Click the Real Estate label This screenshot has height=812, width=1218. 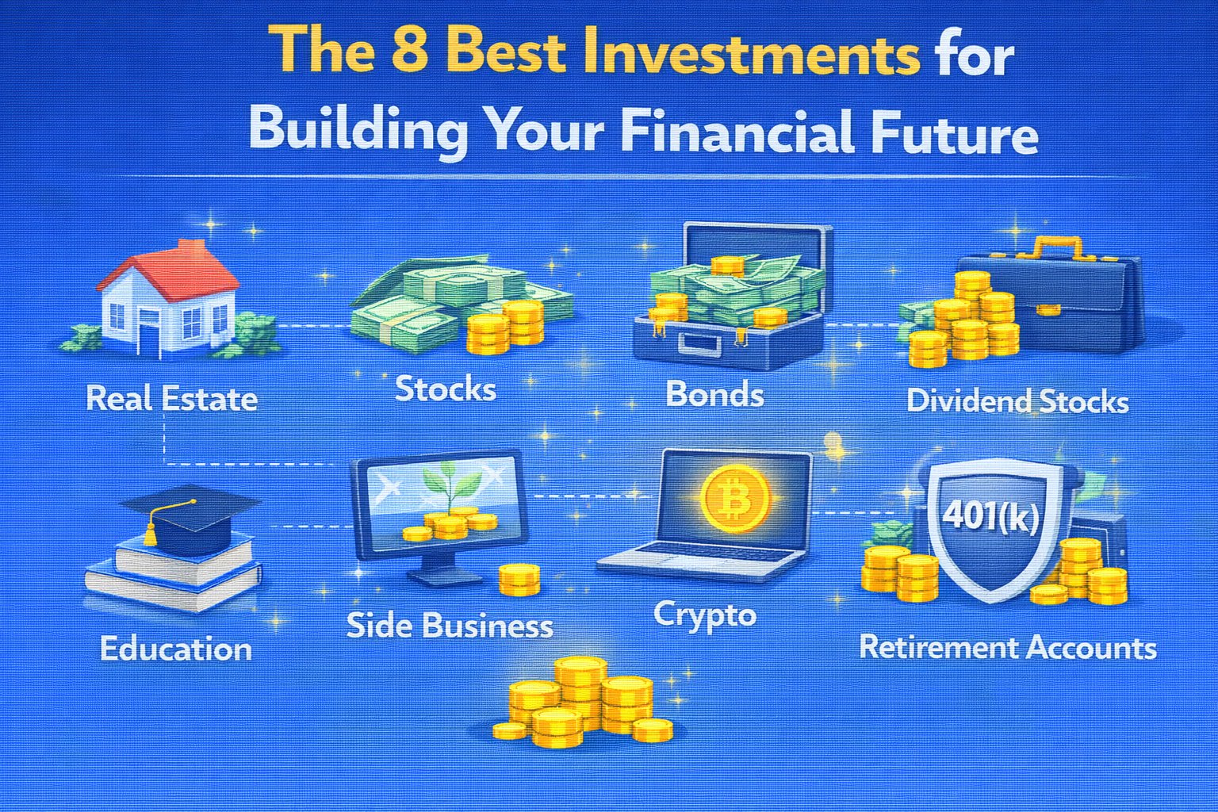coord(172,399)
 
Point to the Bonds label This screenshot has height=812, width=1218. coord(715,393)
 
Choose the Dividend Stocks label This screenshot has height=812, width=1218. coord(1017,401)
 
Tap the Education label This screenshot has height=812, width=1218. coord(175,649)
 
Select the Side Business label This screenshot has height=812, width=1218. coord(450,625)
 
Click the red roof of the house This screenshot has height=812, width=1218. coord(173,272)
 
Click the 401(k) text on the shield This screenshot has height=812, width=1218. coord(990,515)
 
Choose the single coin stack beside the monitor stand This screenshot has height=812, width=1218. coord(519,579)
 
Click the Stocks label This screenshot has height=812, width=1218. coord(446,389)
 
